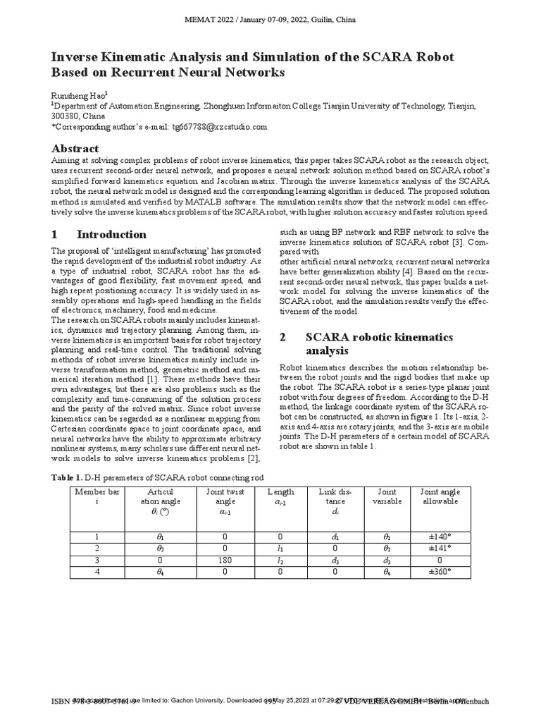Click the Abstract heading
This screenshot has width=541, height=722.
click(75, 149)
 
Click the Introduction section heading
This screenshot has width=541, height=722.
click(111, 235)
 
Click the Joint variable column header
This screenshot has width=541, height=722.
click(387, 496)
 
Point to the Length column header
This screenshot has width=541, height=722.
click(281, 492)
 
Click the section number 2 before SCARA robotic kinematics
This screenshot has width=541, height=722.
click(283, 337)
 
